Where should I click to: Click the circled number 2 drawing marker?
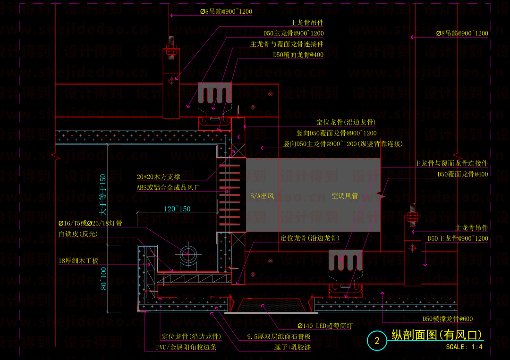click(x=377, y=341)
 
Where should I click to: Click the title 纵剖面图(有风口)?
click(x=437, y=335)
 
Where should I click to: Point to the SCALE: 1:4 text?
click(x=464, y=347)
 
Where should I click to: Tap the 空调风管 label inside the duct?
click(x=344, y=196)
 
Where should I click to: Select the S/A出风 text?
click(x=262, y=196)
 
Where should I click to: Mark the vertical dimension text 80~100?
click(x=103, y=278)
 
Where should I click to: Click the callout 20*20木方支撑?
click(x=158, y=177)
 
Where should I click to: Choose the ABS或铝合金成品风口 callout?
click(x=168, y=187)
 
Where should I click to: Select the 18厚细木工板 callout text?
click(x=78, y=260)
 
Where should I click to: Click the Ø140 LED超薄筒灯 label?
click(x=324, y=326)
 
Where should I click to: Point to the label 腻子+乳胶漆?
click(x=279, y=347)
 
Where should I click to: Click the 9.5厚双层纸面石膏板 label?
click(x=279, y=337)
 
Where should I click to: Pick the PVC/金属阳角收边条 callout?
click(x=186, y=347)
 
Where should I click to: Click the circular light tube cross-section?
click(x=188, y=253)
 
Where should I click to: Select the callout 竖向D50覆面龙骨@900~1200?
click(x=336, y=134)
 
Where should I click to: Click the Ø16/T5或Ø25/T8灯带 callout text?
click(x=90, y=223)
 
